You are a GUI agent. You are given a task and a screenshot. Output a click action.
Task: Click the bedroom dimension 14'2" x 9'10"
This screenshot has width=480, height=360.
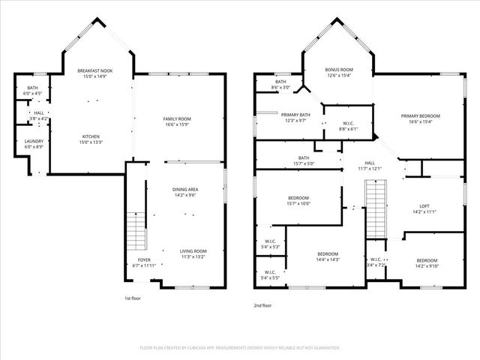point(427,265)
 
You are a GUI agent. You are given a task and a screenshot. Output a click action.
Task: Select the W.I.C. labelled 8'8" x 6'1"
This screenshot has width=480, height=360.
point(348,128)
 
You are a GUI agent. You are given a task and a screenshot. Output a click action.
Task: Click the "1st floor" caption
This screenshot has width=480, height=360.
point(133,298)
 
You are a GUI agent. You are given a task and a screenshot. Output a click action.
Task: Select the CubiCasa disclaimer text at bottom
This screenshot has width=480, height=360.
point(240,348)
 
